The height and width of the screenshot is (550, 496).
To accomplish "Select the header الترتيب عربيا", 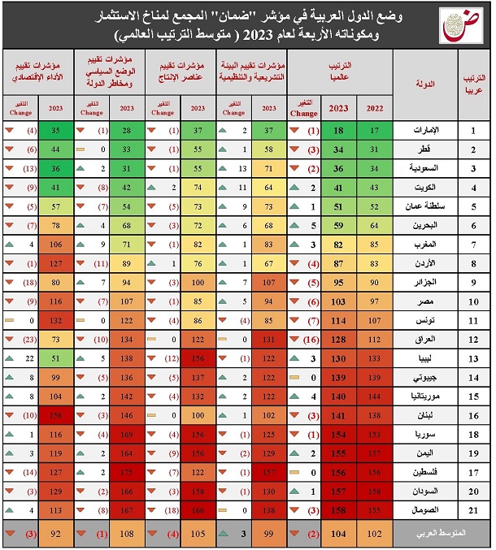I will [472, 84].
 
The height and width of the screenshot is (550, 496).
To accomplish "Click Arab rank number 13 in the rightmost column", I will [473, 357].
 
